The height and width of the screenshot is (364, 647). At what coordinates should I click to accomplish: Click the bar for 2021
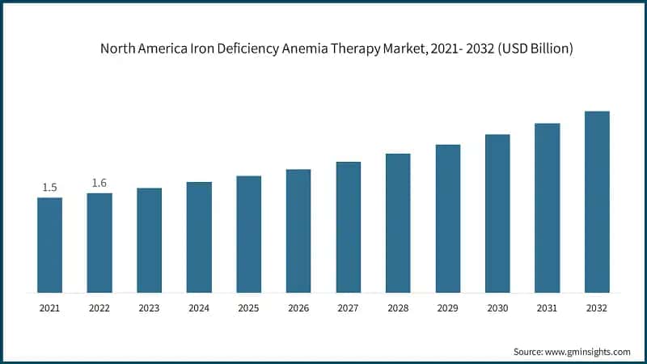[49, 245]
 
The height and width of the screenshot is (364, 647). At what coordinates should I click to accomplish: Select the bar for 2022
[99, 243]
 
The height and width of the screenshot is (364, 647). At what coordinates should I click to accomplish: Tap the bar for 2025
[248, 234]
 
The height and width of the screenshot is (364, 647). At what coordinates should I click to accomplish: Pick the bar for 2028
[398, 222]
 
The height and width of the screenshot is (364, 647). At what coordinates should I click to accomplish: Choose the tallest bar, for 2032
[597, 201]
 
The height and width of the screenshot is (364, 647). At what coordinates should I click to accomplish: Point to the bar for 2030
[497, 214]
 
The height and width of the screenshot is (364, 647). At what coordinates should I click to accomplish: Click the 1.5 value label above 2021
[49, 188]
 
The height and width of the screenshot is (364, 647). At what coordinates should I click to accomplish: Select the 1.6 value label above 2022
[99, 183]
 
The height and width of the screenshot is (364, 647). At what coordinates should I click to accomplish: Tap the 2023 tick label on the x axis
[149, 308]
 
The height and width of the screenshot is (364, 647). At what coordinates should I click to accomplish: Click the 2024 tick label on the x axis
[199, 308]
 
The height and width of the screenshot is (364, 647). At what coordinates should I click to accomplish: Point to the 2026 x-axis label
[298, 308]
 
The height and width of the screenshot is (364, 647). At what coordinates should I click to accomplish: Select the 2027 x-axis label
[348, 308]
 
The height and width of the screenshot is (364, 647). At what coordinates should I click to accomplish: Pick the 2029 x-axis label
[447, 308]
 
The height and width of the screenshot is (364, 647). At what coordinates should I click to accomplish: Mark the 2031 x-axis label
[547, 308]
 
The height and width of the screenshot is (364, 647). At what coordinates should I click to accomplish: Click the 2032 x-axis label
[597, 308]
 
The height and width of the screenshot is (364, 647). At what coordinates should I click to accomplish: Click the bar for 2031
[547, 208]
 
